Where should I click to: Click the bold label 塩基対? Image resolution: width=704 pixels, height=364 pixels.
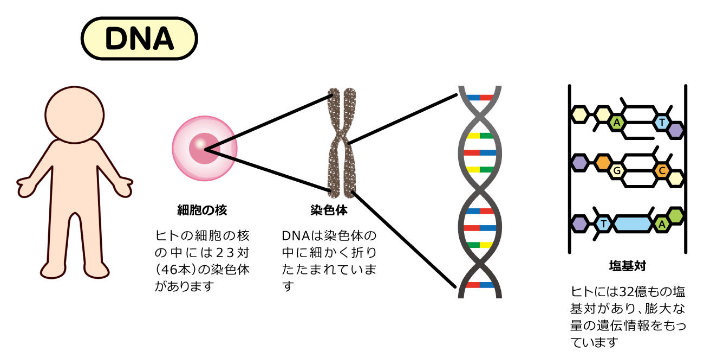[627, 266]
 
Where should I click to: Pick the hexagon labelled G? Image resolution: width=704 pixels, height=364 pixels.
[616, 172]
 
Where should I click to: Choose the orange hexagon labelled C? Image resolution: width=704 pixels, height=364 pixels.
[661, 171]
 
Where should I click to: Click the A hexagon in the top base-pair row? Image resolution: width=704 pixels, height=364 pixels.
[616, 123]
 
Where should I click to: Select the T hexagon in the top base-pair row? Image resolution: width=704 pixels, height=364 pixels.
[661, 123]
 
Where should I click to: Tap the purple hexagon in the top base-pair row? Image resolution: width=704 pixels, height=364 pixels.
[675, 130]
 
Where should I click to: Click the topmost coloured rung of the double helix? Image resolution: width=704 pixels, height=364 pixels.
[480, 98]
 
